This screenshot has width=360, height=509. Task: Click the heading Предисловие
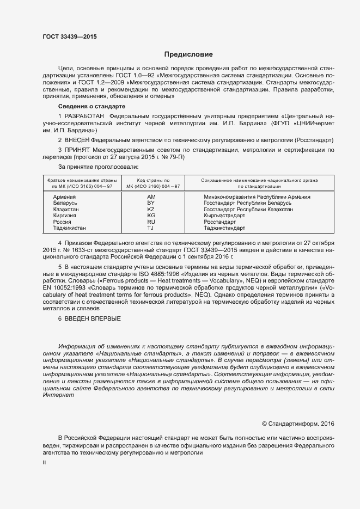pyautogui.click(x=189, y=54)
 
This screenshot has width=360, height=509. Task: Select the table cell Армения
pyautogui.click(x=64, y=197)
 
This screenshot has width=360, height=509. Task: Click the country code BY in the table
pyautogui.click(x=151, y=203)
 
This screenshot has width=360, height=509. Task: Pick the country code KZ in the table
pyautogui.click(x=151, y=209)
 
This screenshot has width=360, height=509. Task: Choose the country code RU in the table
pyautogui.click(x=151, y=222)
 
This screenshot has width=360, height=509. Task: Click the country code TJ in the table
pyautogui.click(x=151, y=228)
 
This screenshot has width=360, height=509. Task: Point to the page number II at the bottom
pyautogui.click(x=45, y=463)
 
